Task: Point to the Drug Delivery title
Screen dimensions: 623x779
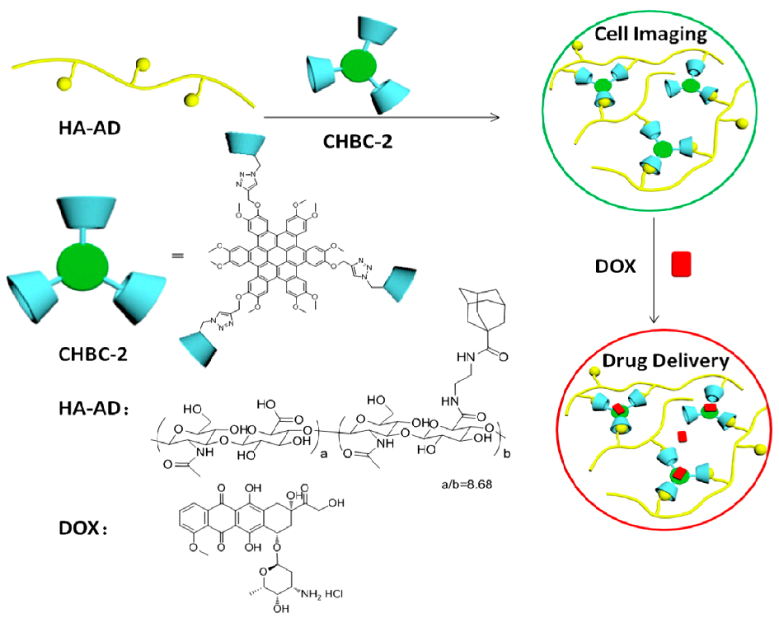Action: coord(652,360)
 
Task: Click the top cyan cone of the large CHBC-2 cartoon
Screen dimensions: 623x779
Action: coord(82,213)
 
